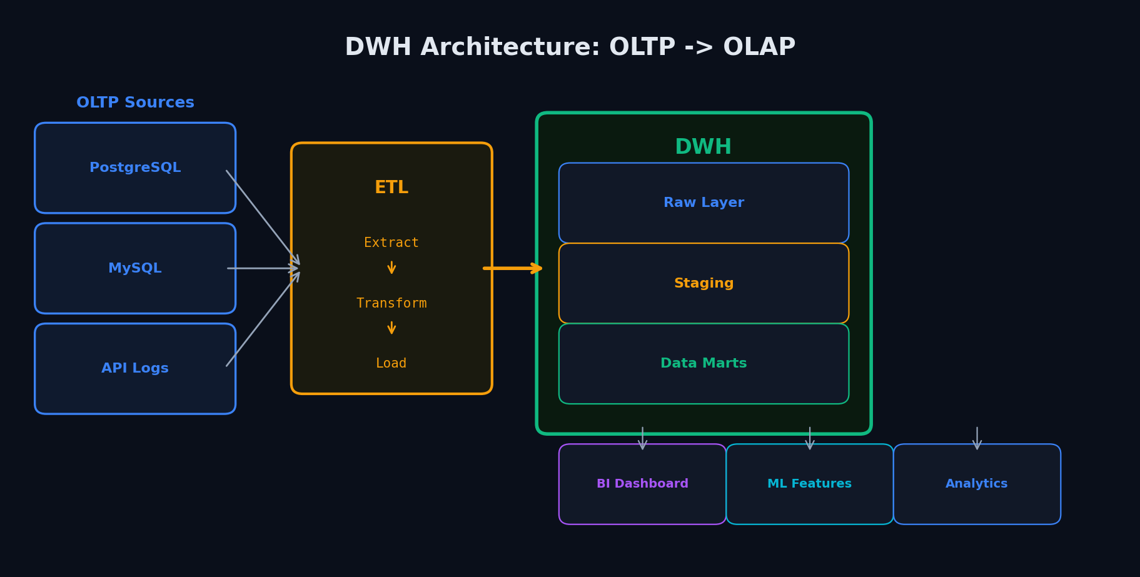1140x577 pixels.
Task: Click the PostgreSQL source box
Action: [x=135, y=168]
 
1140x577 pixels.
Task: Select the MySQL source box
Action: [x=135, y=268]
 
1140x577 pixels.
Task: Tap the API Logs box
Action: [x=135, y=368]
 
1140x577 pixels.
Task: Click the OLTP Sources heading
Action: [x=135, y=103]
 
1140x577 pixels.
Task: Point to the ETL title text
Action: [x=391, y=188]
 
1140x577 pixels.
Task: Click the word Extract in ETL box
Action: [x=391, y=243]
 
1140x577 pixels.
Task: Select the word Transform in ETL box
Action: [x=391, y=303]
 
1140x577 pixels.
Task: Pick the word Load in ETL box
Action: [x=391, y=363]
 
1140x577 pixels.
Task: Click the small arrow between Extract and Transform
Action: [x=391, y=268]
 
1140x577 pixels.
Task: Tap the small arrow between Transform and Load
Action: [x=391, y=328]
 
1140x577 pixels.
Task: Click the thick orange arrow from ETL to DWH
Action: [x=513, y=268]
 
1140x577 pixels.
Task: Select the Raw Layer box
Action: [x=704, y=203]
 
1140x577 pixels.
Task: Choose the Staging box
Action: [x=704, y=283]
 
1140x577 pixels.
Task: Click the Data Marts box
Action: [x=704, y=364]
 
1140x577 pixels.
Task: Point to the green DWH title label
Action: [x=704, y=148]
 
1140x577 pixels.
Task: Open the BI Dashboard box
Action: [x=642, y=484]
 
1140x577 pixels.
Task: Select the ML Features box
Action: [x=810, y=484]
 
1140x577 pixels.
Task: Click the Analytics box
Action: [x=977, y=484]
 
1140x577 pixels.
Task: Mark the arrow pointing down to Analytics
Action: [x=977, y=438]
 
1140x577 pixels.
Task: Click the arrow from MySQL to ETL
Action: [x=263, y=268]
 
